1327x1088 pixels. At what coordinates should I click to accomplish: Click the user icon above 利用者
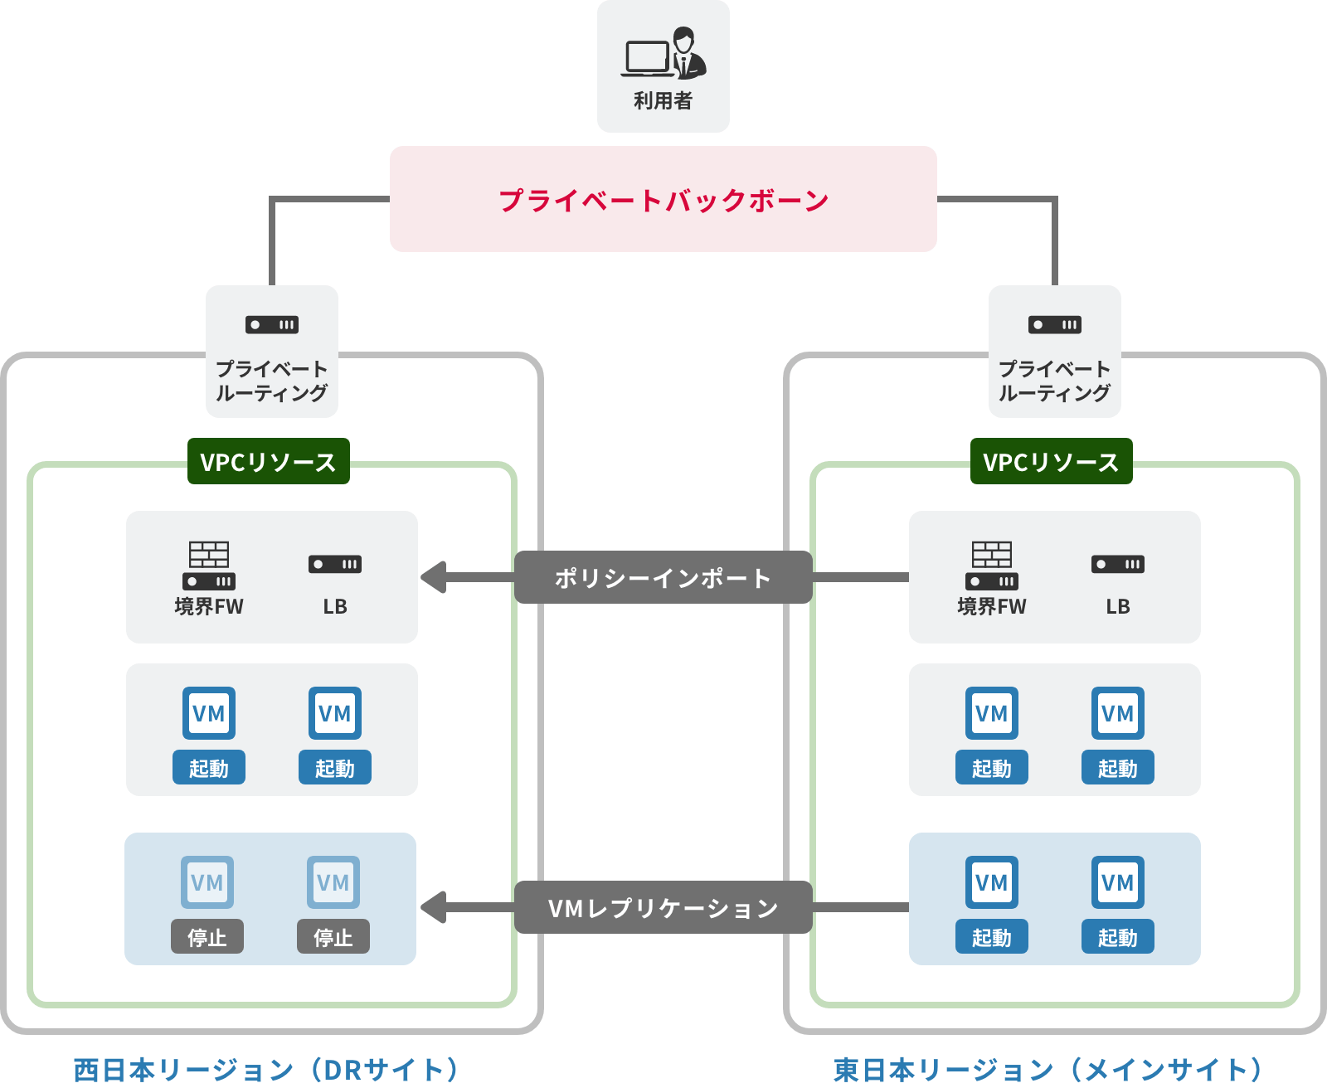[663, 54]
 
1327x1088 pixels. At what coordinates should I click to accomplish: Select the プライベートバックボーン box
[663, 199]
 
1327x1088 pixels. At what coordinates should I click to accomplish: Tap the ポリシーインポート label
[663, 577]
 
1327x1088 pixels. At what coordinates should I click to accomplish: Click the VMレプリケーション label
[663, 907]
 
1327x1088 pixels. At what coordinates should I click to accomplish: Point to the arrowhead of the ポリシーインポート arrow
[433, 577]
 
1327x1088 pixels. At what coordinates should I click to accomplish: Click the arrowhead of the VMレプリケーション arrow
[433, 907]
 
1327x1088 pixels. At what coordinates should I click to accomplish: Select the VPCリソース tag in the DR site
[269, 461]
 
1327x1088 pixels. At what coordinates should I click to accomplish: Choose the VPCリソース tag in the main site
[1052, 461]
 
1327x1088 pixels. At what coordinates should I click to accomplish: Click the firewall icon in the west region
[209, 565]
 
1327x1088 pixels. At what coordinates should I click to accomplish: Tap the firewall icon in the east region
[992, 565]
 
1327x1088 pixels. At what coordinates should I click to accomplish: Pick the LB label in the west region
[335, 606]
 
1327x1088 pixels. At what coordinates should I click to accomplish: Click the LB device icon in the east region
[1118, 565]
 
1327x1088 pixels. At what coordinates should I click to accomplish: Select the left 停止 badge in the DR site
[207, 936]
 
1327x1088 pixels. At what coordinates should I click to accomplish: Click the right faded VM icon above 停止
[333, 882]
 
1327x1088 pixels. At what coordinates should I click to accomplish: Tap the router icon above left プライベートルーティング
[272, 324]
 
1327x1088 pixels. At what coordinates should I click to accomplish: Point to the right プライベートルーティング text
[1055, 381]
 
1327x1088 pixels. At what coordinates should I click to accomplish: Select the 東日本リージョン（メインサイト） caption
[1048, 1069]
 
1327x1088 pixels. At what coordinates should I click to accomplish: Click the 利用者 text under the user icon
[663, 100]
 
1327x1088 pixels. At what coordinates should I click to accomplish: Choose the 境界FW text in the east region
[992, 606]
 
